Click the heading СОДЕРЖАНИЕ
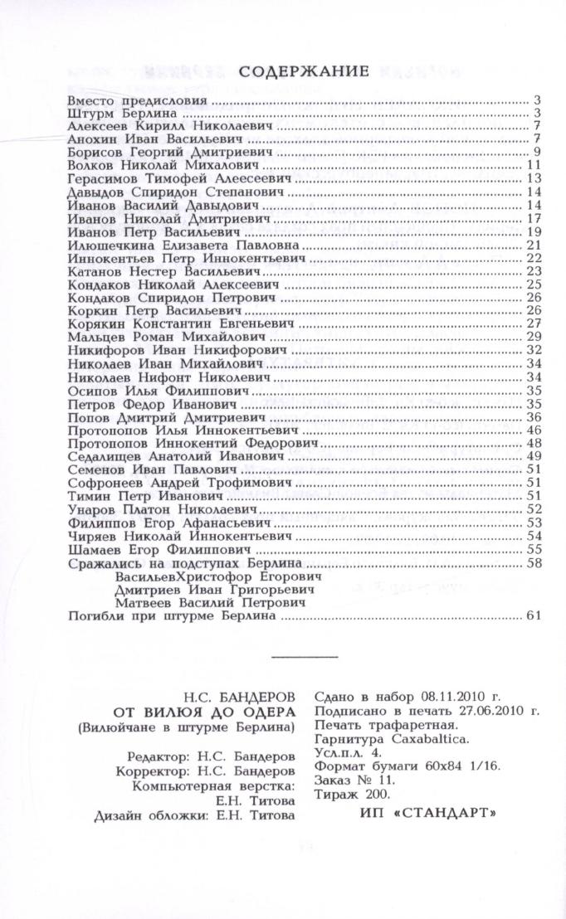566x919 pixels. (x=304, y=72)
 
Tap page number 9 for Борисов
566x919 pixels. (x=538, y=152)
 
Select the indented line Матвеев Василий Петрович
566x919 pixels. (x=207, y=602)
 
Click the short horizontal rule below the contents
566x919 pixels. (x=305, y=657)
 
